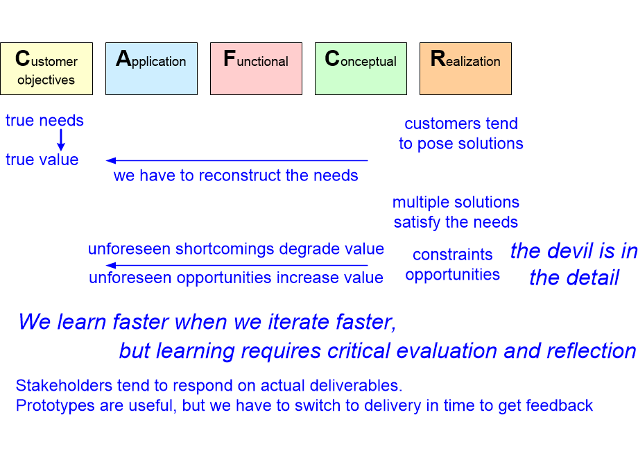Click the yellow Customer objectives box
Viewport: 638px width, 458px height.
[46, 69]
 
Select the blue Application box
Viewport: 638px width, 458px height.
[151, 69]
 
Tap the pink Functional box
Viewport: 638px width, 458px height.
[257, 69]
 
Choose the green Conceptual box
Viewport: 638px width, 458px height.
[361, 69]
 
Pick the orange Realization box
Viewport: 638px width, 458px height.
[465, 69]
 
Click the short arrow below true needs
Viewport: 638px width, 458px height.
[61, 140]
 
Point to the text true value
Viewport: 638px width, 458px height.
[42, 160]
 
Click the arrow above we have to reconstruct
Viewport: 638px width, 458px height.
[236, 161]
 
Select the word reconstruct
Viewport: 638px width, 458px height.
[240, 176]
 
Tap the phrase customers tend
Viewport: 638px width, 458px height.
[461, 124]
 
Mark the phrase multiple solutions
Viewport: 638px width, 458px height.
[456, 202]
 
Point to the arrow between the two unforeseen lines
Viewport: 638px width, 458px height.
[236, 266]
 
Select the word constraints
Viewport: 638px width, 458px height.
[452, 255]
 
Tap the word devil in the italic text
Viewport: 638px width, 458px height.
[576, 251]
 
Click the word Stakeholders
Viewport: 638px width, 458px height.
[64, 385]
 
